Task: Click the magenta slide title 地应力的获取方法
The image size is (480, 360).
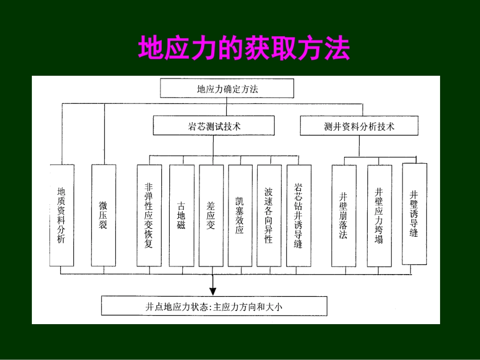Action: tap(244, 48)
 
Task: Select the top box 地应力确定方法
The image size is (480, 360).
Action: tap(227, 89)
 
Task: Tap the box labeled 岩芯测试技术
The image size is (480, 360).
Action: tap(214, 126)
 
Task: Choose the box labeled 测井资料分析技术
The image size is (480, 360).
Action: tap(359, 126)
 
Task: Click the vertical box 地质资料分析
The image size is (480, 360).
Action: tap(62, 215)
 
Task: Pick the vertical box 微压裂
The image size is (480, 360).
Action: tap(103, 215)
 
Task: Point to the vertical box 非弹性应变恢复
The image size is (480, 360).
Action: tap(149, 215)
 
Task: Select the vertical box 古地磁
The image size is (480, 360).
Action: tap(181, 215)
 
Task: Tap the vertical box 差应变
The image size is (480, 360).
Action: tap(211, 215)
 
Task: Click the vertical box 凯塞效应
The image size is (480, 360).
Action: tap(239, 215)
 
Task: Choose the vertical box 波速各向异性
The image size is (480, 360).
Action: tap(269, 215)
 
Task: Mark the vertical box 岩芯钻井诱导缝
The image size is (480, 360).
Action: tap(298, 215)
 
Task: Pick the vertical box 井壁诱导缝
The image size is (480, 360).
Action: tap(414, 214)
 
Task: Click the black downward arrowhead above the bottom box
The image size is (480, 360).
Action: tap(213, 291)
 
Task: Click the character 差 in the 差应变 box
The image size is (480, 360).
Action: tap(211, 206)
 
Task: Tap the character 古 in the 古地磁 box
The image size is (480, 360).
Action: tap(181, 206)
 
